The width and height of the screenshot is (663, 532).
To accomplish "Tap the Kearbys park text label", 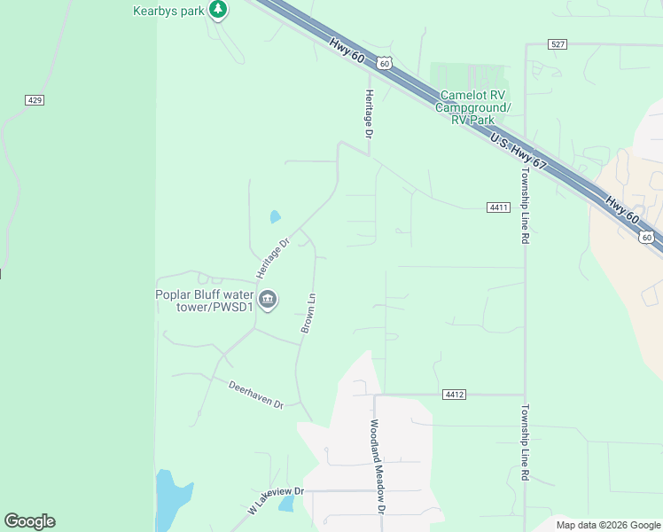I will [x=168, y=11].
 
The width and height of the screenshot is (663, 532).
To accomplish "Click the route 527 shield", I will [x=557, y=43].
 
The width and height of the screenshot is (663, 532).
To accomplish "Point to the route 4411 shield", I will [x=498, y=207].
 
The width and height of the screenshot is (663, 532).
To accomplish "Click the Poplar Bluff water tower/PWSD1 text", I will [x=205, y=301].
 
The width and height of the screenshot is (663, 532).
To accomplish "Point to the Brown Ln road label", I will [x=308, y=313].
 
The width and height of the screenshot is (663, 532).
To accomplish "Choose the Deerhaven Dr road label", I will [x=255, y=395].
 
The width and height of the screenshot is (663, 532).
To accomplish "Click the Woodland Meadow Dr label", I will [x=378, y=466].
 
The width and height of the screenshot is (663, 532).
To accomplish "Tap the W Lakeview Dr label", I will [x=276, y=501].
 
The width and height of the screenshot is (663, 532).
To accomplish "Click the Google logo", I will [x=29, y=521].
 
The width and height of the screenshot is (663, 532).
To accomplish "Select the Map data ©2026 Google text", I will [x=607, y=525].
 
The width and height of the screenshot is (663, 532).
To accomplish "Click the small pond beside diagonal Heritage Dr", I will [x=275, y=216].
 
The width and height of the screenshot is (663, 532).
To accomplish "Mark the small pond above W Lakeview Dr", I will [x=285, y=504].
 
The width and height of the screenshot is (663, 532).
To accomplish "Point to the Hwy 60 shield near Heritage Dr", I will [x=383, y=63].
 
